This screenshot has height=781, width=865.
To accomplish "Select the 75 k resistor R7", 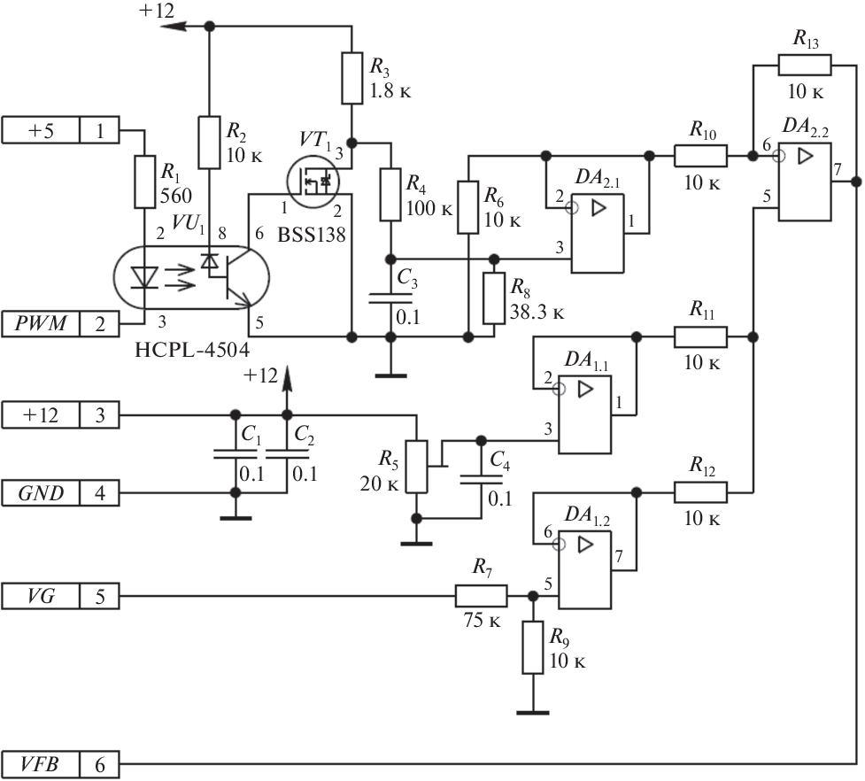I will click(x=481, y=597).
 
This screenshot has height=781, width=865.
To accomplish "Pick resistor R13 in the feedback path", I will click(x=804, y=65).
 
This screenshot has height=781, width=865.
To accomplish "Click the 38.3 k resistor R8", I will click(x=494, y=298).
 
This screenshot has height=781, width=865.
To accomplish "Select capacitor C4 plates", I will click(x=481, y=478).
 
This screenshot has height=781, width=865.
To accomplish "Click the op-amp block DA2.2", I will click(x=803, y=182).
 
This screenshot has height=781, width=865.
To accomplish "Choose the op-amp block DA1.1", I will click(x=585, y=414).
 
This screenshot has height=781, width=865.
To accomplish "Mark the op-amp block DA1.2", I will click(x=585, y=570).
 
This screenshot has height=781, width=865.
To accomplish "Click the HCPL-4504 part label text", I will click(x=191, y=348).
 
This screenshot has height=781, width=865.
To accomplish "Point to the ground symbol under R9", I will click(x=533, y=709).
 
